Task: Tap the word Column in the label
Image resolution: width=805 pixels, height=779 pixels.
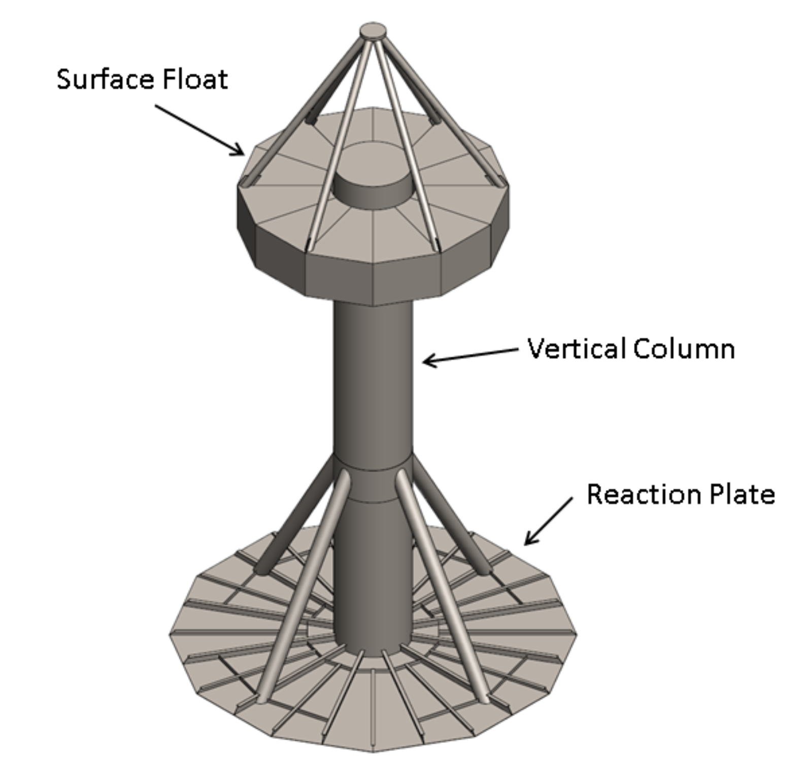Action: click(x=684, y=349)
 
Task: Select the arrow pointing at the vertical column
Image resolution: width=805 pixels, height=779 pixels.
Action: click(x=469, y=355)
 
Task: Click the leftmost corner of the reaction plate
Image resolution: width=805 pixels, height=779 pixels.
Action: click(x=170, y=634)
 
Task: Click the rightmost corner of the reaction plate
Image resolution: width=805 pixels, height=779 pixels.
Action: click(x=577, y=634)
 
